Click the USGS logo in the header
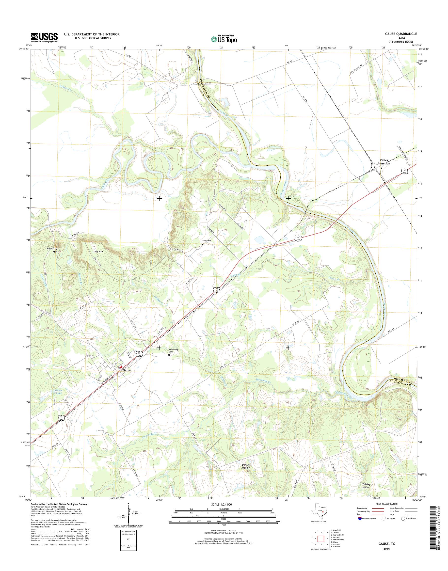(44, 37)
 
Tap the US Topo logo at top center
(224, 39)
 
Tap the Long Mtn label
(97, 251)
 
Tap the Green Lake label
(59, 392)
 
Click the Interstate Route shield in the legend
(359, 519)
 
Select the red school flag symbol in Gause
(121, 367)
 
